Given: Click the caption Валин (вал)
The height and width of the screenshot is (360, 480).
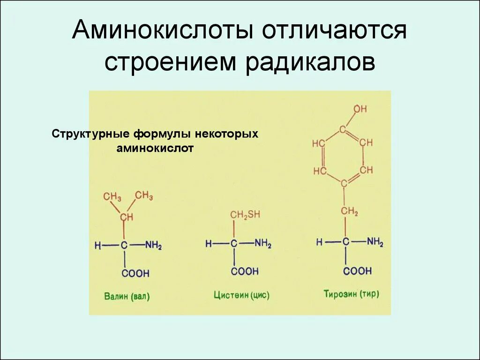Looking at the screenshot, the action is pos(127,296).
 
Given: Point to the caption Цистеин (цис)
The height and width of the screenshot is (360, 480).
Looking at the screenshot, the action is pos(242,295).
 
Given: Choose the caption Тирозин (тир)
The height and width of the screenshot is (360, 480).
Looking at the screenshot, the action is pos(351,294).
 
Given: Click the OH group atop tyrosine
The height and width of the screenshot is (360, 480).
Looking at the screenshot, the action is pos(360,109).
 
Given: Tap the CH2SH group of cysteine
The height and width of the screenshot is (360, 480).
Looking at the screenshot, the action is pos(244,215).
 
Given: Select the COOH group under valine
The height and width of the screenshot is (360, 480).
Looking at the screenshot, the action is pos(135,273).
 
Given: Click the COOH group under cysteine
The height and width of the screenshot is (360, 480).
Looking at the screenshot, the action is pos(244,271).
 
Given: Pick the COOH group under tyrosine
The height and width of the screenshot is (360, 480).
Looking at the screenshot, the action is pos(357,271).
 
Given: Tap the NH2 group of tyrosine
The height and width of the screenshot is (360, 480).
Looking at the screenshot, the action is pos(375,242).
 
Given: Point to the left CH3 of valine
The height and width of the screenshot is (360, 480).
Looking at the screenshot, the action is pos(112,197).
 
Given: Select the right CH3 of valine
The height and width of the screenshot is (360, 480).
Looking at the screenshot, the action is pos(144,195).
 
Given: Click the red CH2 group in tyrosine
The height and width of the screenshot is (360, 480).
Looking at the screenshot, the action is pos(349,212).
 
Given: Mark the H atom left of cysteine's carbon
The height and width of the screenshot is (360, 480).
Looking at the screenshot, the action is pos(208,244).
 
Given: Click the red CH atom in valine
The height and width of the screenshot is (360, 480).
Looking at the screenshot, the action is pos(126,217).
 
